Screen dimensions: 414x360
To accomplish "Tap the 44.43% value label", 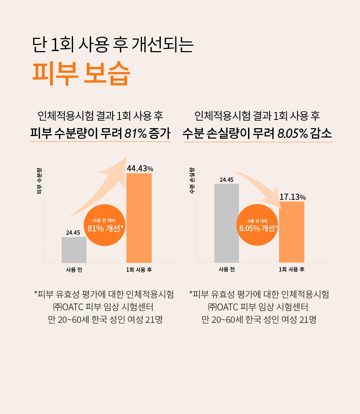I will point(140,168).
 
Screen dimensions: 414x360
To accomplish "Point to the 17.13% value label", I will point(292,197).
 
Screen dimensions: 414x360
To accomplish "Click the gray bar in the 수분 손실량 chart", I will point(226,223).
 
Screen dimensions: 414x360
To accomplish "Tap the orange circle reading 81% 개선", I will point(106,225).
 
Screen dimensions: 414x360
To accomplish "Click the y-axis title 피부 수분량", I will point(39,180).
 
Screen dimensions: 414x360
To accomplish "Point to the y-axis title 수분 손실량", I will point(192,180).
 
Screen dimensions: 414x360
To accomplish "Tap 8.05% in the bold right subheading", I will point(293,134).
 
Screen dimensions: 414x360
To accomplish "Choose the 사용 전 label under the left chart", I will point(74,270).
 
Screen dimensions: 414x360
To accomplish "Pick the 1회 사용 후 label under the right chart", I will point(292,270).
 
